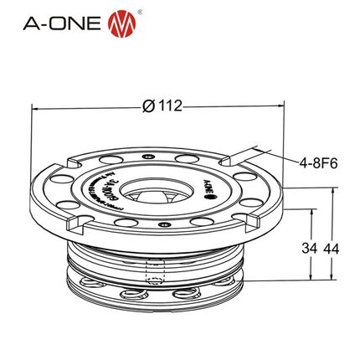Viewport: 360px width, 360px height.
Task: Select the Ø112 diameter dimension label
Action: point(163,106)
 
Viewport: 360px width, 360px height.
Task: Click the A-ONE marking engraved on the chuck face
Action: point(207,184)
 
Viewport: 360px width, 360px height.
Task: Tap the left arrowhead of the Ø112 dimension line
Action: point(35,106)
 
